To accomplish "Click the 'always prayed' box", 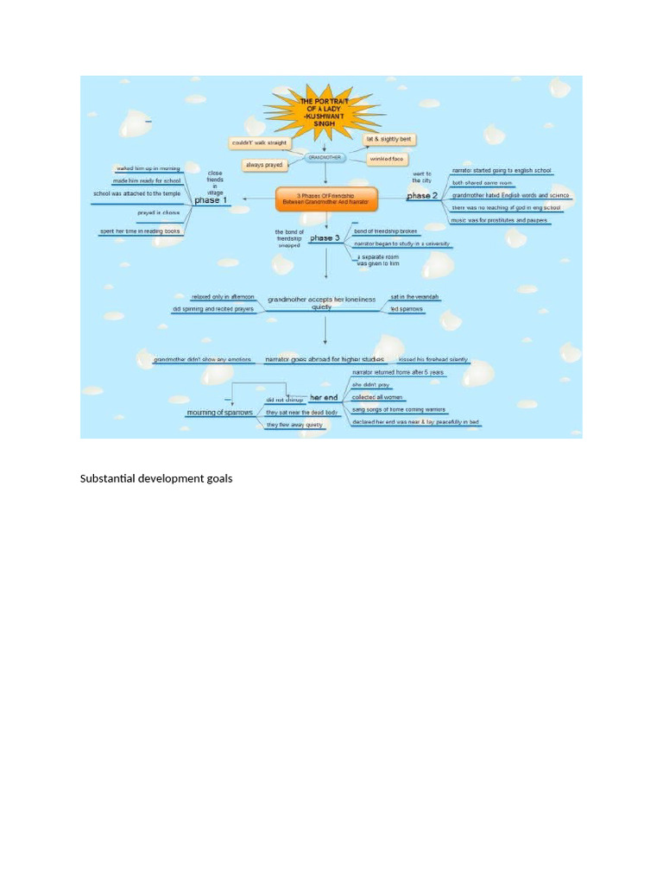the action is pos(265,164).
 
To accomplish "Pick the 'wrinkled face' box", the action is pos(387,159).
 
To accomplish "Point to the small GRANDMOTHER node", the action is pos(325,157).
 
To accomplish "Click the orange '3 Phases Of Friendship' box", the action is pos(326,198).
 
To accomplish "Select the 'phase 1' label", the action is pos(212,200).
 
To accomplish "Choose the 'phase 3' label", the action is pos(325,237).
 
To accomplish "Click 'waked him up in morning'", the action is pos(148,168).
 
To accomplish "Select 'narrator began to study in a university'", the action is pos(401,244).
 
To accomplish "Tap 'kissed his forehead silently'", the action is pos(433,359).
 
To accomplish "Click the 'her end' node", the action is pos(325,397).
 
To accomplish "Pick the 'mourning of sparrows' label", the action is pos(220,413).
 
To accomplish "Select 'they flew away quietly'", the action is pos(294,425).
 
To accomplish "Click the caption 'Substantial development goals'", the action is pos(156,478).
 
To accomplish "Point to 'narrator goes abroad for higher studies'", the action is pos(325,358).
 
